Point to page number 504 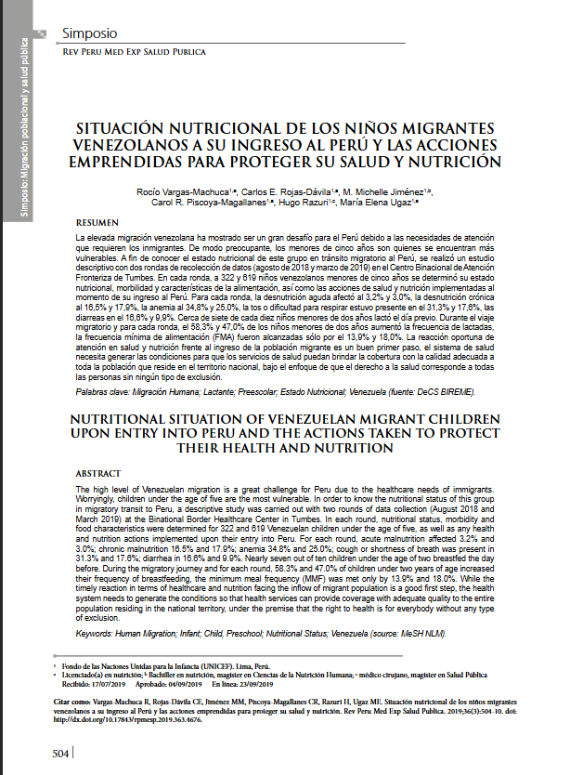pos(58,753)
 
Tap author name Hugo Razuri pos(310,202)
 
